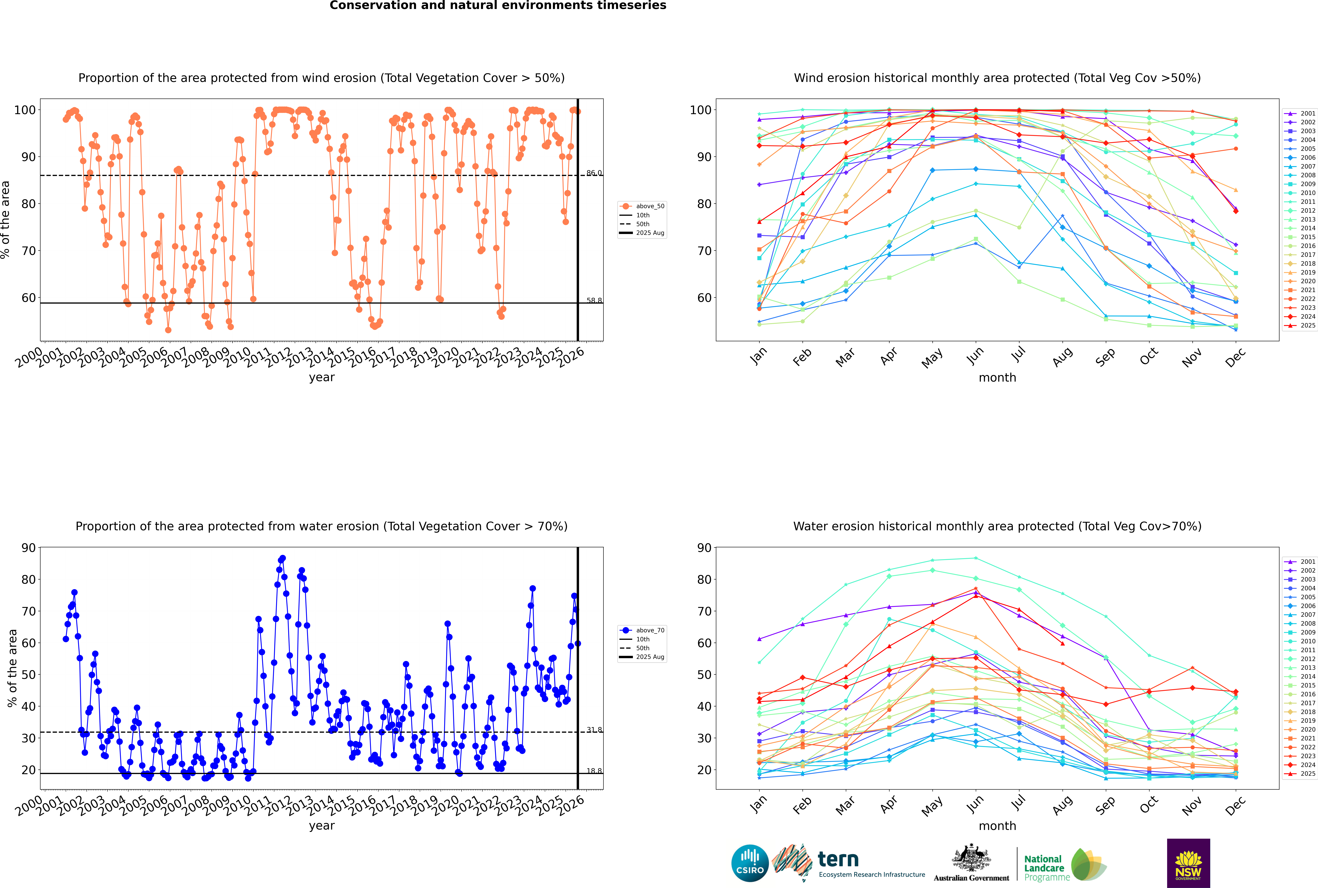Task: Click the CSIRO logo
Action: tap(750, 863)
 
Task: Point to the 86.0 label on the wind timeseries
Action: tap(594, 173)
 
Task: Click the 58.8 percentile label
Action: tap(594, 301)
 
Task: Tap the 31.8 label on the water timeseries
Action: tap(594, 730)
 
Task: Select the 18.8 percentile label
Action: tap(594, 771)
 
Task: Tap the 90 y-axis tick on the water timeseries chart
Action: tap(28, 548)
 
